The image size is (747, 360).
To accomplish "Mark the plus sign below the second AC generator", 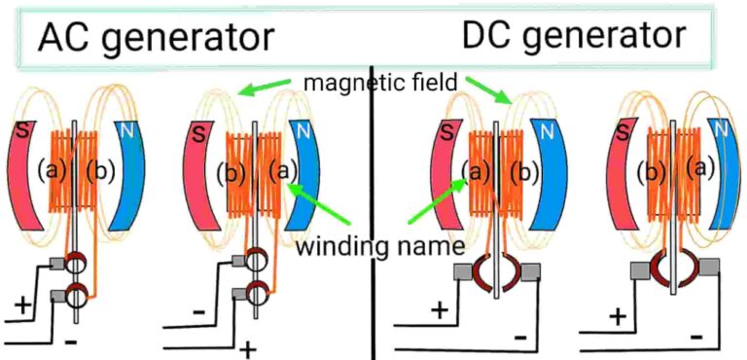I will [x=247, y=348].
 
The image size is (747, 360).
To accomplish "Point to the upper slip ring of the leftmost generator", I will [x=75, y=264].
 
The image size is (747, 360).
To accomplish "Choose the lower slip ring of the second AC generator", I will [x=257, y=291].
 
